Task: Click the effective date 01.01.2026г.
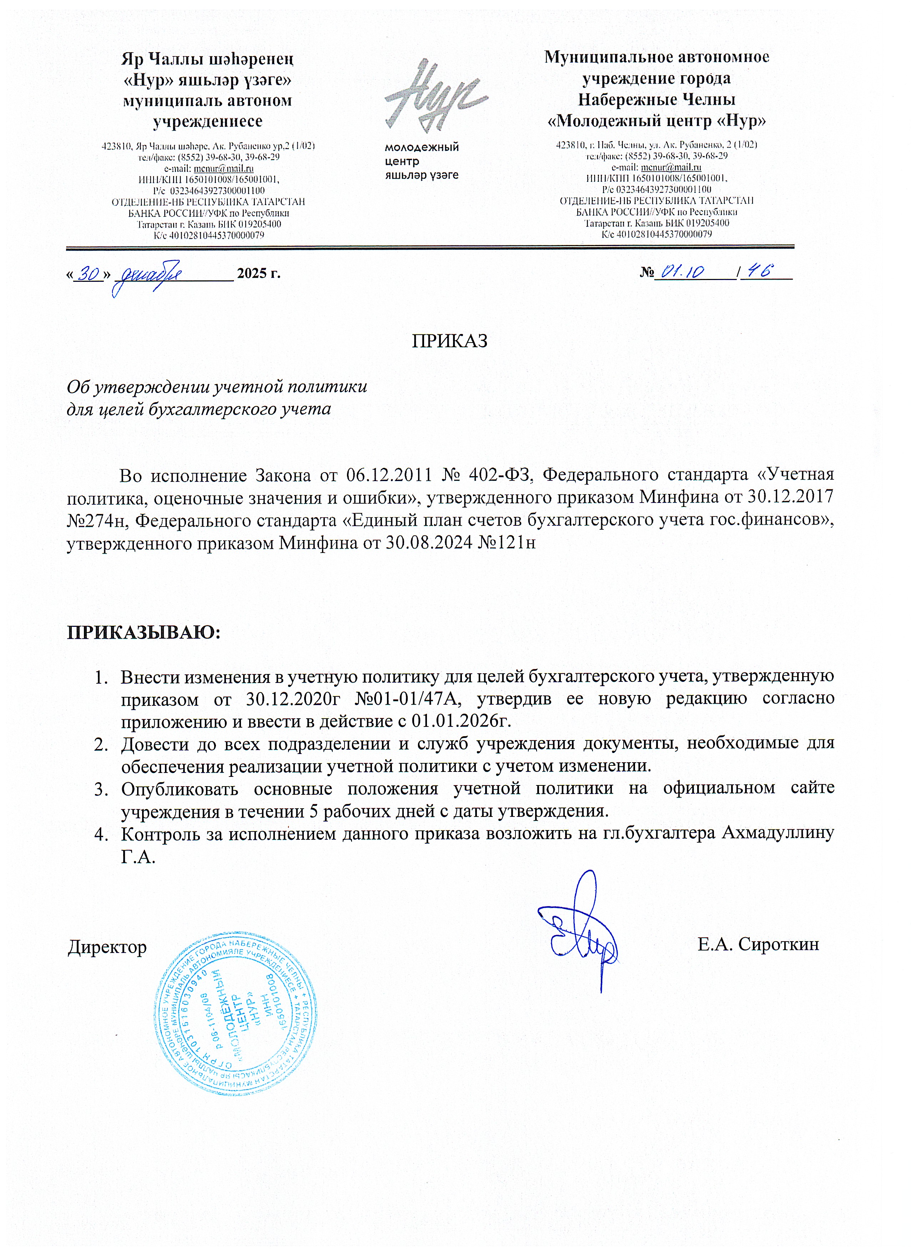tap(459, 721)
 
